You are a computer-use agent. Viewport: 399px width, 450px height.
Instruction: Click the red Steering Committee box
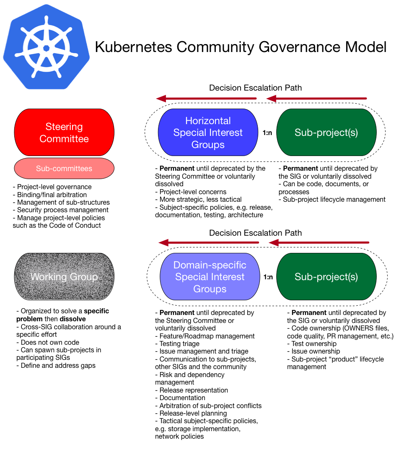pos(64,133)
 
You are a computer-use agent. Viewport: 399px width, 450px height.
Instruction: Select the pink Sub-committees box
pos(64,169)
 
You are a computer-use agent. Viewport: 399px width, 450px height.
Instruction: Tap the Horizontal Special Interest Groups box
pos(208,133)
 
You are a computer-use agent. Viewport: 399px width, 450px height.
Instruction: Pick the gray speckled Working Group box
pos(64,277)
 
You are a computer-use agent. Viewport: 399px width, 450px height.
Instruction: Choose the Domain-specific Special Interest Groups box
pos(210,277)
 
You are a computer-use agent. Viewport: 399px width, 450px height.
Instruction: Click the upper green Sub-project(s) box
pos(326,133)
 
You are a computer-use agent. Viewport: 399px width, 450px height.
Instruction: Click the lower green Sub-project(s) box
pos(326,277)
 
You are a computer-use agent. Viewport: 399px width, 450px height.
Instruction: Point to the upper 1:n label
pos(267,133)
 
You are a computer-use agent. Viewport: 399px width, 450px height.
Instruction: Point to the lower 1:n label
pos(268,277)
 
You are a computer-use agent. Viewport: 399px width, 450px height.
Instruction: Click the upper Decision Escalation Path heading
pos(255,88)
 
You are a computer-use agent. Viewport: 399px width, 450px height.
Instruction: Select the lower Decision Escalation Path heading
pos(255,233)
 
